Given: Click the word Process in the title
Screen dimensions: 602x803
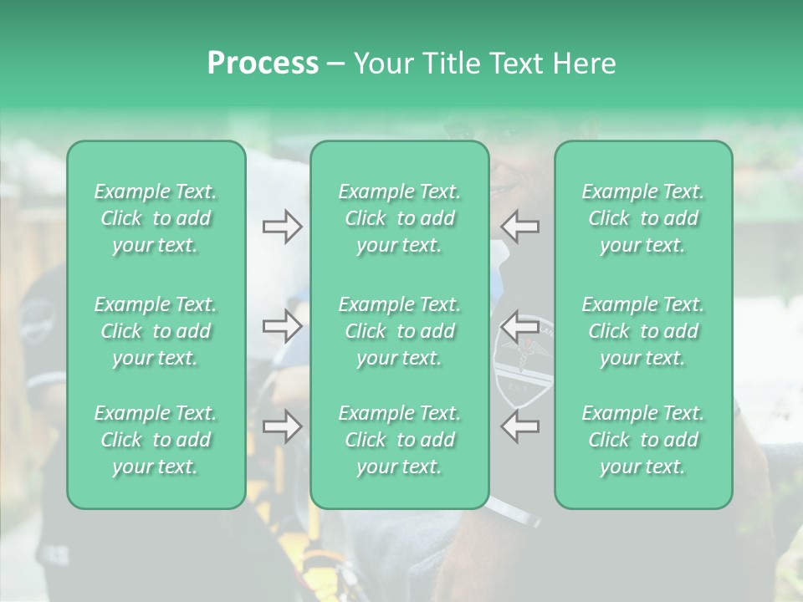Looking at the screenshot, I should pyautogui.click(x=263, y=64).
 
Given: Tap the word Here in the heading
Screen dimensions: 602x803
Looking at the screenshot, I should pyautogui.click(x=583, y=64).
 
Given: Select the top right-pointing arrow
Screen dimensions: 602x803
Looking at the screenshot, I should pyautogui.click(x=282, y=227).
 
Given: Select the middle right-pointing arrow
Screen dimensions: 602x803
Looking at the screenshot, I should pyautogui.click(x=282, y=326).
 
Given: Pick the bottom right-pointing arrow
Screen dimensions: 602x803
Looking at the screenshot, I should pyautogui.click(x=282, y=426).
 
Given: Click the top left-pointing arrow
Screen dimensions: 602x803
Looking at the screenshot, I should pyautogui.click(x=519, y=227).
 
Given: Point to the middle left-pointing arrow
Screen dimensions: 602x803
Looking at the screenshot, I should pyautogui.click(x=519, y=326).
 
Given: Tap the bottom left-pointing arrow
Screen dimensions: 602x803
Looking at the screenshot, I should pyautogui.click(x=519, y=426).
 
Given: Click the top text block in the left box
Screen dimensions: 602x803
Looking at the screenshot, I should pyautogui.click(x=156, y=218).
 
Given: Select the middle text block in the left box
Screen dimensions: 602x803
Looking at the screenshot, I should pyautogui.click(x=156, y=331).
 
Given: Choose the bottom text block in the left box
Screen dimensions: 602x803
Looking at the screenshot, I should pyautogui.click(x=156, y=440).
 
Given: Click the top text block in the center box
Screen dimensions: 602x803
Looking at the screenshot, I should pyautogui.click(x=399, y=218).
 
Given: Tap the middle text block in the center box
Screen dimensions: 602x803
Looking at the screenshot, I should pyautogui.click(x=399, y=331).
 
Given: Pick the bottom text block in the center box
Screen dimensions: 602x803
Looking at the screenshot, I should pyautogui.click(x=399, y=440).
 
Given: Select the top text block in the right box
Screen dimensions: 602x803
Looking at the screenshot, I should pyautogui.click(x=643, y=218).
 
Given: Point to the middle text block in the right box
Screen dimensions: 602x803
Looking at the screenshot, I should pyautogui.click(x=643, y=331).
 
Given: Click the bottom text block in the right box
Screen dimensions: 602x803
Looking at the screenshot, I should pyautogui.click(x=643, y=440).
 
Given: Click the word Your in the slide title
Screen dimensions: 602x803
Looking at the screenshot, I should pyautogui.click(x=381, y=64).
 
